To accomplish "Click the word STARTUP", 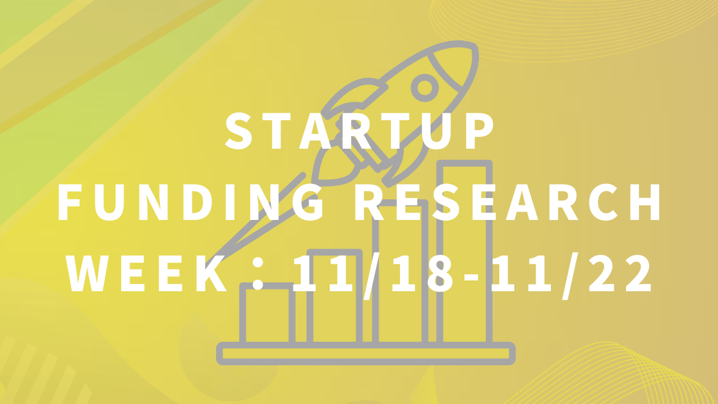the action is (360, 131).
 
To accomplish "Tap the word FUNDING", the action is (191, 203).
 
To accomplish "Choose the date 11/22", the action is (570, 275).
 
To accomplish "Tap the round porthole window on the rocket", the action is (425, 88).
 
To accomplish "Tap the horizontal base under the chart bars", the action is (366, 353).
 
